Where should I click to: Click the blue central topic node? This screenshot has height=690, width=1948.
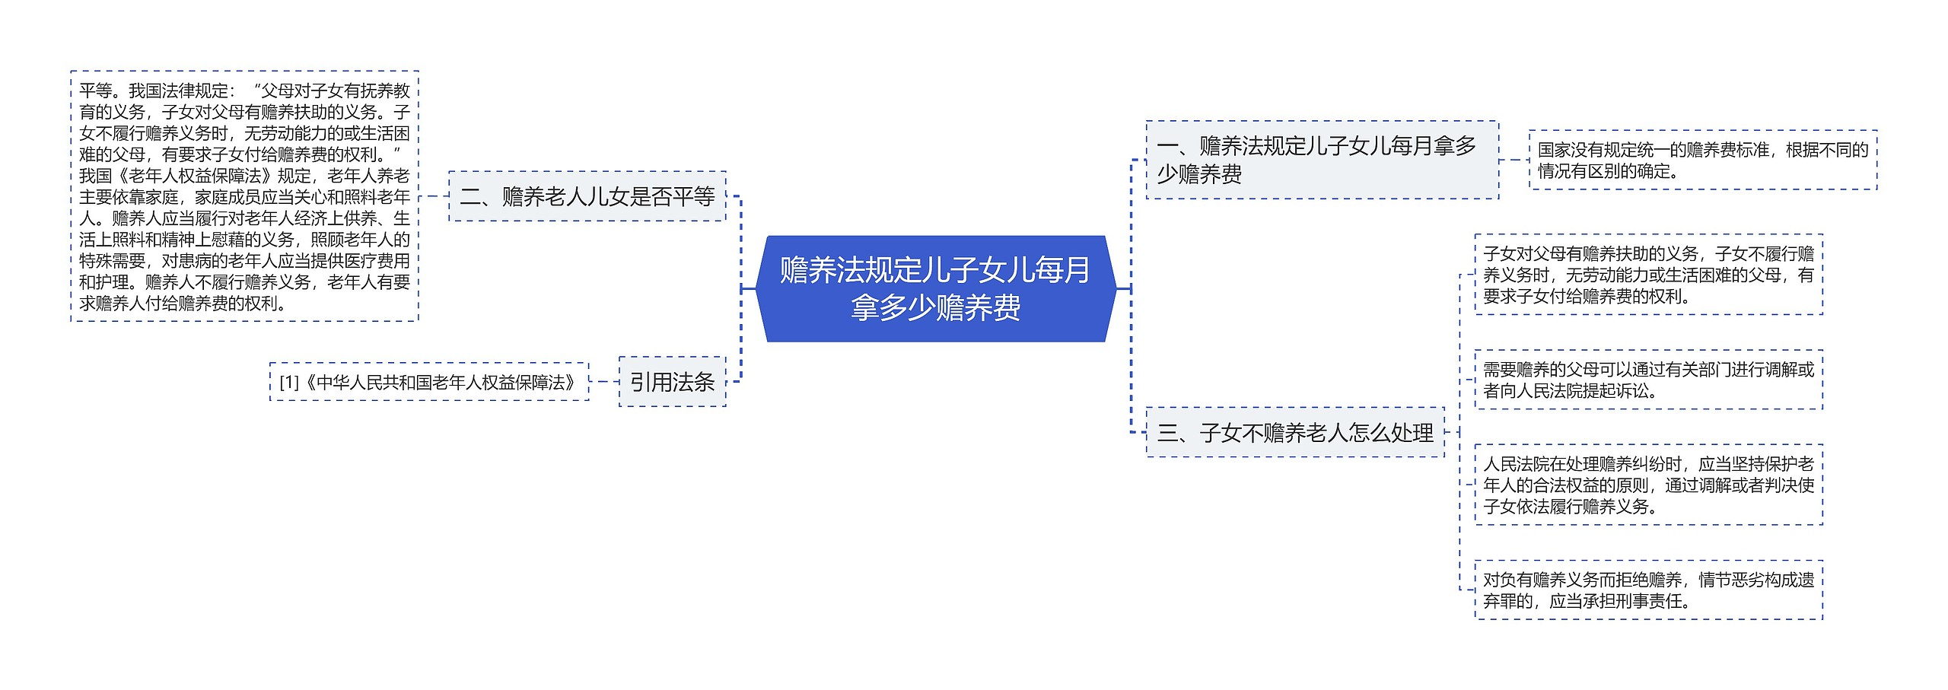935,288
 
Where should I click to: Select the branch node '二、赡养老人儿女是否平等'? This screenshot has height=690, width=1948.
587,196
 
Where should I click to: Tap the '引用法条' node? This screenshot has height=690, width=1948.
672,381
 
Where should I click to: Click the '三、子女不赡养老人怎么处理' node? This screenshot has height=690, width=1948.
1294,432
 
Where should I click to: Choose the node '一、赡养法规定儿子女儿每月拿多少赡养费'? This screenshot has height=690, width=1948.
1322,160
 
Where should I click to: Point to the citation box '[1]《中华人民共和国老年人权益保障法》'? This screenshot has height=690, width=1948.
429,382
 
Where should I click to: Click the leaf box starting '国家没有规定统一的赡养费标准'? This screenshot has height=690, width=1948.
1702,160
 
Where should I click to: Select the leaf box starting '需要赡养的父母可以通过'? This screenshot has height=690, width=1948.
1648,380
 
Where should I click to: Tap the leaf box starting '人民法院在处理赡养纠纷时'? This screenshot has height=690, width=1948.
1648,485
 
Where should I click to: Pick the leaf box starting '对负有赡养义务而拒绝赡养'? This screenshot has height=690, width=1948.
1648,590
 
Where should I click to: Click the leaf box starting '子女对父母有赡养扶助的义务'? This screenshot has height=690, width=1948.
1648,275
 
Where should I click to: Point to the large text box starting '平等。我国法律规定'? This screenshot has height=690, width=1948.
244,196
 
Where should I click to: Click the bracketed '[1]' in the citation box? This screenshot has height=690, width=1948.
289,382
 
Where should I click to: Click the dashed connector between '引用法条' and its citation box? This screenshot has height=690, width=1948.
604,381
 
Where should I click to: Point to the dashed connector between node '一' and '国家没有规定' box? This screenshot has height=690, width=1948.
1514,160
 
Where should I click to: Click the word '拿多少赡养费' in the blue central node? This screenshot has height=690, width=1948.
935,308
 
